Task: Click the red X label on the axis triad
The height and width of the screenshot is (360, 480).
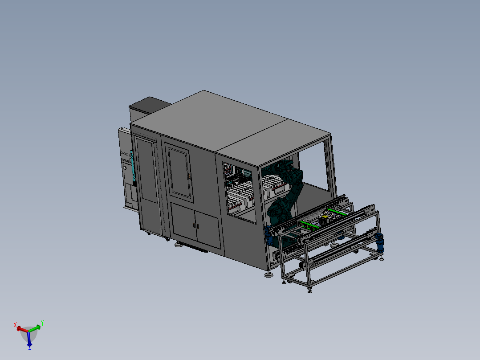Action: point(15,325)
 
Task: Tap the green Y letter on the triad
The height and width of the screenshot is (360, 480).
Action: point(42,322)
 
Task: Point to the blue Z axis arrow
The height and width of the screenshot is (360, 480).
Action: point(29,340)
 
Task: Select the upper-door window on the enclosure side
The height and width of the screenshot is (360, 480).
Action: point(179,172)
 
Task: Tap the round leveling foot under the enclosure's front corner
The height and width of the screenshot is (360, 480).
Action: point(268,274)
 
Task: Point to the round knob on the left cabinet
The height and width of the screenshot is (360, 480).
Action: point(125,168)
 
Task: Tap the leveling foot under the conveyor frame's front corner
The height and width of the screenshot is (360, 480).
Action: point(309,290)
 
